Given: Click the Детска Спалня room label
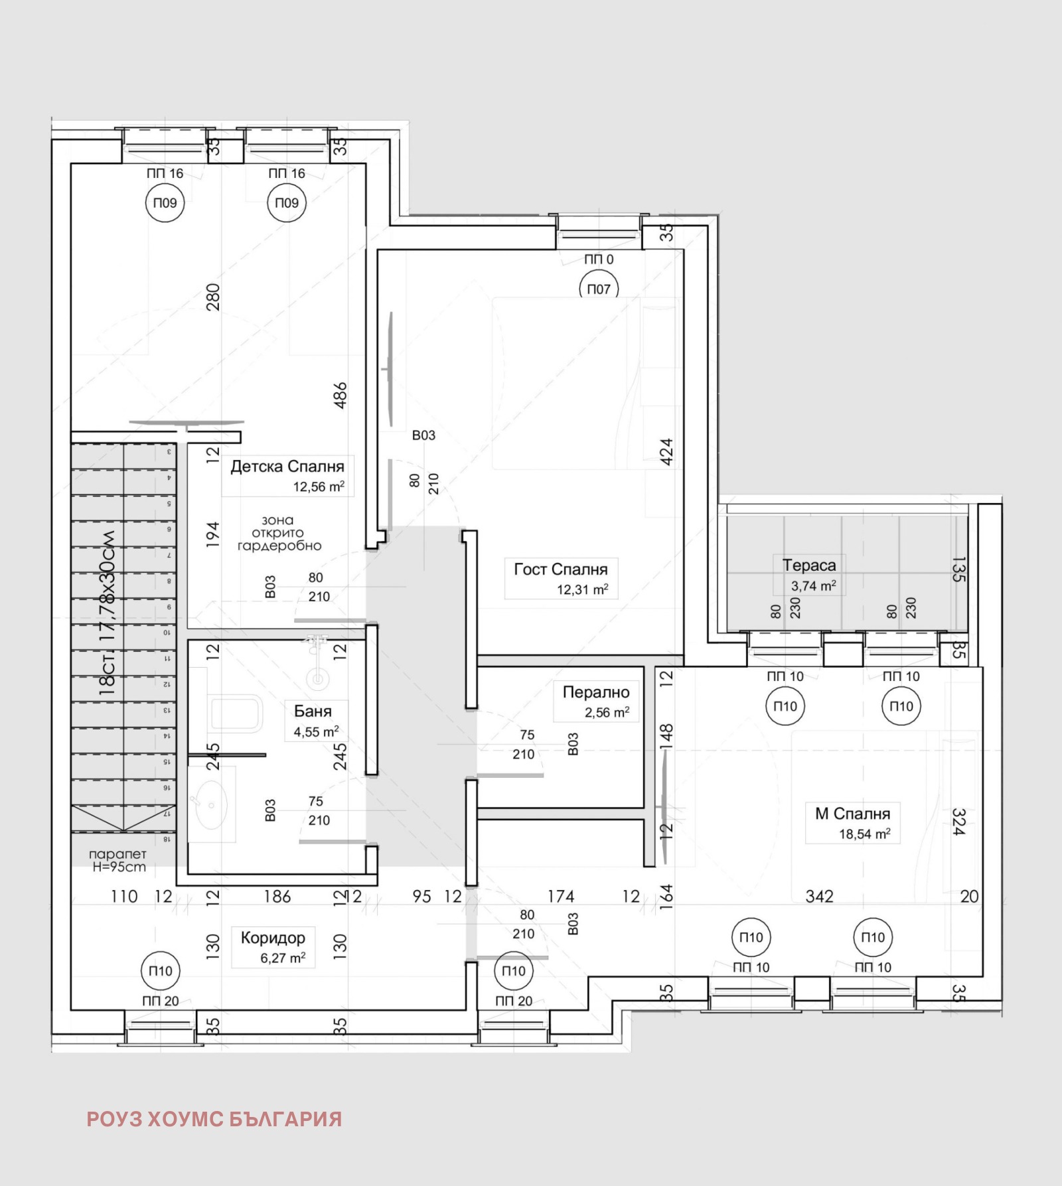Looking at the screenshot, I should (287, 467).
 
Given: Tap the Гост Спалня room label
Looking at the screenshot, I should (560, 569).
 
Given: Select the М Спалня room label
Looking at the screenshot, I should (852, 814).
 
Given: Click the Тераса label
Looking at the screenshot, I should (808, 565).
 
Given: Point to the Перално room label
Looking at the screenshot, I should (595, 692).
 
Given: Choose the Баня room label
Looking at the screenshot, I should (313, 711).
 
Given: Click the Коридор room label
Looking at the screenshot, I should (273, 938).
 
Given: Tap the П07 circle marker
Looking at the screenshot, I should (599, 289).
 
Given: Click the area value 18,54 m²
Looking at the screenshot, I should (864, 834).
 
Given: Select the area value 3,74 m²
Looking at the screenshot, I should (813, 586).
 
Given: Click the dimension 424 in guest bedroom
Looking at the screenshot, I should (666, 451).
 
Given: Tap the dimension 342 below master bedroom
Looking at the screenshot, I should (819, 897).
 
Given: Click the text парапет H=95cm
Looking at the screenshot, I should (118, 861).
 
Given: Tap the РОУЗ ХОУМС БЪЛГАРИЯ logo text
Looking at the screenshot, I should (214, 1119).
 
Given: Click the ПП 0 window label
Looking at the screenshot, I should (599, 259).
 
